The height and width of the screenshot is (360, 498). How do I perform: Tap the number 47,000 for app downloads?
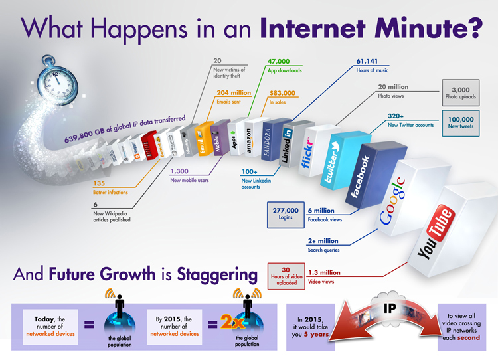click(x=282, y=61)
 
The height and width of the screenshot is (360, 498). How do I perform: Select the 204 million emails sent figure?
click(x=232, y=93)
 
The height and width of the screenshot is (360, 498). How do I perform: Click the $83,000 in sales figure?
click(x=283, y=93)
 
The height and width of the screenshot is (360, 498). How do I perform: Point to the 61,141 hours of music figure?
click(x=372, y=61)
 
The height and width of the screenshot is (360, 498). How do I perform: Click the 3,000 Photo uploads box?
click(x=460, y=93)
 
